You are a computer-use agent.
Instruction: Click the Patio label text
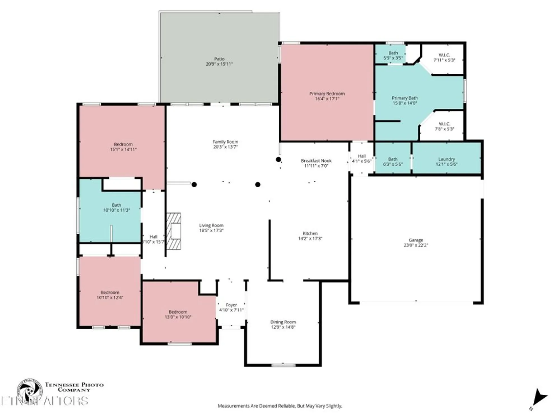[219, 59]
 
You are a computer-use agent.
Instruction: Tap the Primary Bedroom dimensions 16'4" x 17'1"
[327, 99]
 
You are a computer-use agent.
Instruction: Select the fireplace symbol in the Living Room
[174, 231]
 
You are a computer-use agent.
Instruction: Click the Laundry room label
[446, 159]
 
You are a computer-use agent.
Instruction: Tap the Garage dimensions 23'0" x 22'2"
[416, 245]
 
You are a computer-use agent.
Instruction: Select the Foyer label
[231, 305]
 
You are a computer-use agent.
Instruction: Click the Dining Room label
[283, 322]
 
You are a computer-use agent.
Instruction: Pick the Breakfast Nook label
[316, 161]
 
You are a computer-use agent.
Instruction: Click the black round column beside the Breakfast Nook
[278, 160]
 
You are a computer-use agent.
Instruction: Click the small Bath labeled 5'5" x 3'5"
[393, 55]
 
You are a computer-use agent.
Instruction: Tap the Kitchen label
[310, 233]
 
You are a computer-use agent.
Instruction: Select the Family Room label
[225, 142]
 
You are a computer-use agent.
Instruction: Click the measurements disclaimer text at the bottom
[280, 406]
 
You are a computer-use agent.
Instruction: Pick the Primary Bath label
[405, 98]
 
